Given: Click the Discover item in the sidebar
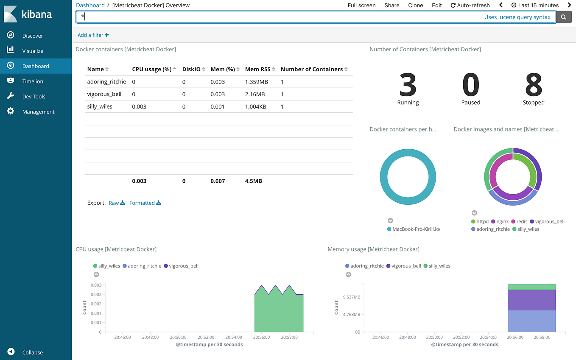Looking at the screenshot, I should click(33, 36).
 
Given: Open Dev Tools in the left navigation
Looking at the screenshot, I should click(34, 97).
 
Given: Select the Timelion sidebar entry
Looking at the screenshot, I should click(33, 81).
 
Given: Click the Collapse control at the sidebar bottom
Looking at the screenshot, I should click(32, 352).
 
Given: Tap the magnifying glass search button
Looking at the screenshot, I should click(564, 17).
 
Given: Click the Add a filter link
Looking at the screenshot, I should click(93, 35).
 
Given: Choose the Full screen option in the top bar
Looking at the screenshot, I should click(361, 6).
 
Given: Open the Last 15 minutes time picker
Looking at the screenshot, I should click(535, 6).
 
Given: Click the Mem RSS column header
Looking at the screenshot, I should click(258, 69).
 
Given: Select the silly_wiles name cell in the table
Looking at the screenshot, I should click(100, 106).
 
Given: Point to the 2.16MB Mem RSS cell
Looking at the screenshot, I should click(254, 94).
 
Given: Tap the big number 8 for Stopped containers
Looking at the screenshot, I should click(534, 85).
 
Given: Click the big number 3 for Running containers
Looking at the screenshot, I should click(408, 85).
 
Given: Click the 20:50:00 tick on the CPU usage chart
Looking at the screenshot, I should click(178, 338).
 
